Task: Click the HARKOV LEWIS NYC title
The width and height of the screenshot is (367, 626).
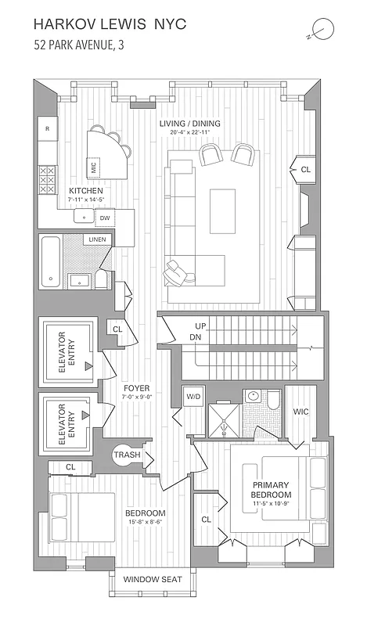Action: click(111, 25)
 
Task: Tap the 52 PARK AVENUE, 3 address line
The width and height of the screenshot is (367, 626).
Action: click(78, 45)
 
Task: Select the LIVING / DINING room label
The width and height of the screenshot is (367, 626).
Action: click(189, 124)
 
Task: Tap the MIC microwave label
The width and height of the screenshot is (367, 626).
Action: click(94, 167)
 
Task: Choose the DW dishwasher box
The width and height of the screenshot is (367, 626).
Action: click(104, 218)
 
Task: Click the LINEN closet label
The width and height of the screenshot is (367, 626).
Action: click(97, 239)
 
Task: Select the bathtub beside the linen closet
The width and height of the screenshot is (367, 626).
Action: click(51, 262)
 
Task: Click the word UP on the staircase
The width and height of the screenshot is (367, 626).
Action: click(201, 326)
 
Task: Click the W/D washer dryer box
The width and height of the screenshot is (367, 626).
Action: click(193, 396)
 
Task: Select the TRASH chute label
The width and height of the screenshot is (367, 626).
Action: click(127, 455)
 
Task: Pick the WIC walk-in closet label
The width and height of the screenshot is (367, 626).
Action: click(301, 411)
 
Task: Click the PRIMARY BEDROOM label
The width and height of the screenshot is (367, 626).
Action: click(271, 490)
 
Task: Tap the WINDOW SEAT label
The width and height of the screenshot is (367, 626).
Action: click(153, 580)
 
